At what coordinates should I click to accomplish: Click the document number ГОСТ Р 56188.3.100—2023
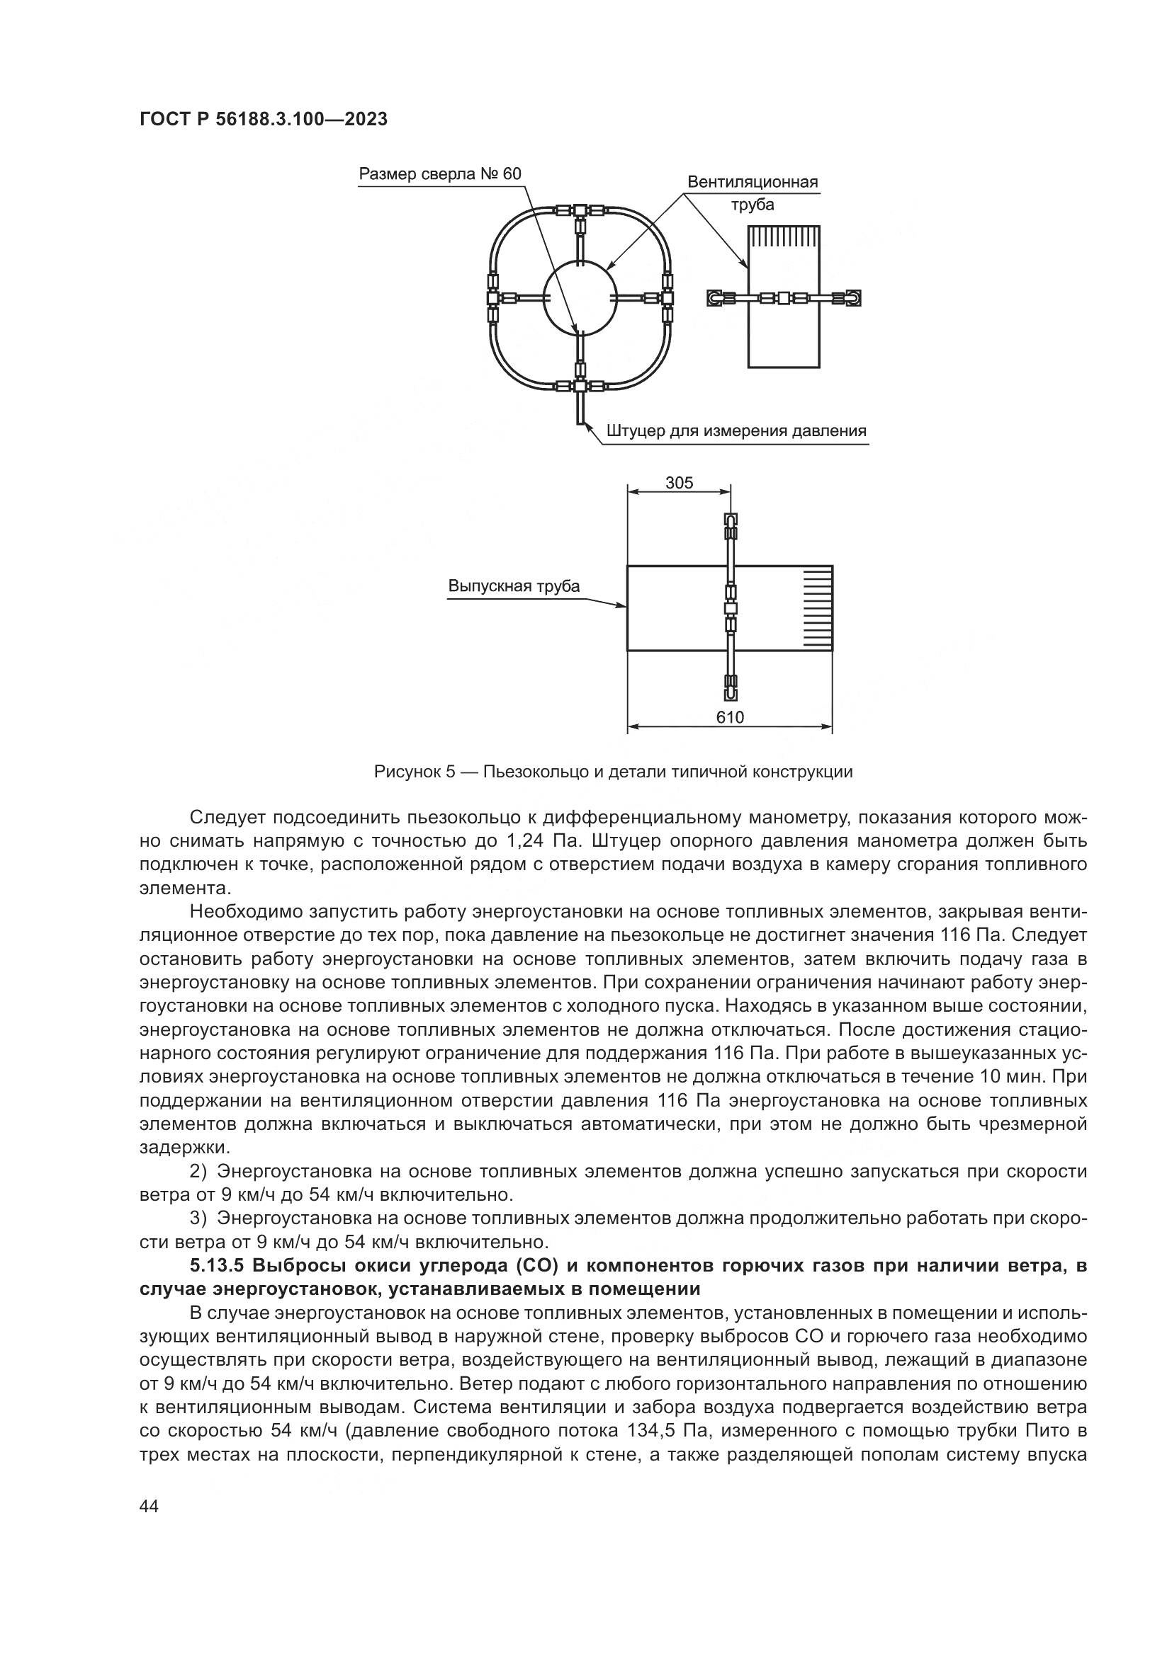click(264, 120)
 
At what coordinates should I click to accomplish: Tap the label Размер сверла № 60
click(439, 174)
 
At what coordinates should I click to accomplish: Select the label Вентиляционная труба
click(752, 193)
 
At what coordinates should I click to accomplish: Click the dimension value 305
click(679, 484)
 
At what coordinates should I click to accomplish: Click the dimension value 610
click(730, 718)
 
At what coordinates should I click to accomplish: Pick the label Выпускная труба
click(514, 586)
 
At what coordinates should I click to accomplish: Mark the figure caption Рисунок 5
click(613, 772)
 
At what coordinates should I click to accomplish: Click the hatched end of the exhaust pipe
click(817, 608)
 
